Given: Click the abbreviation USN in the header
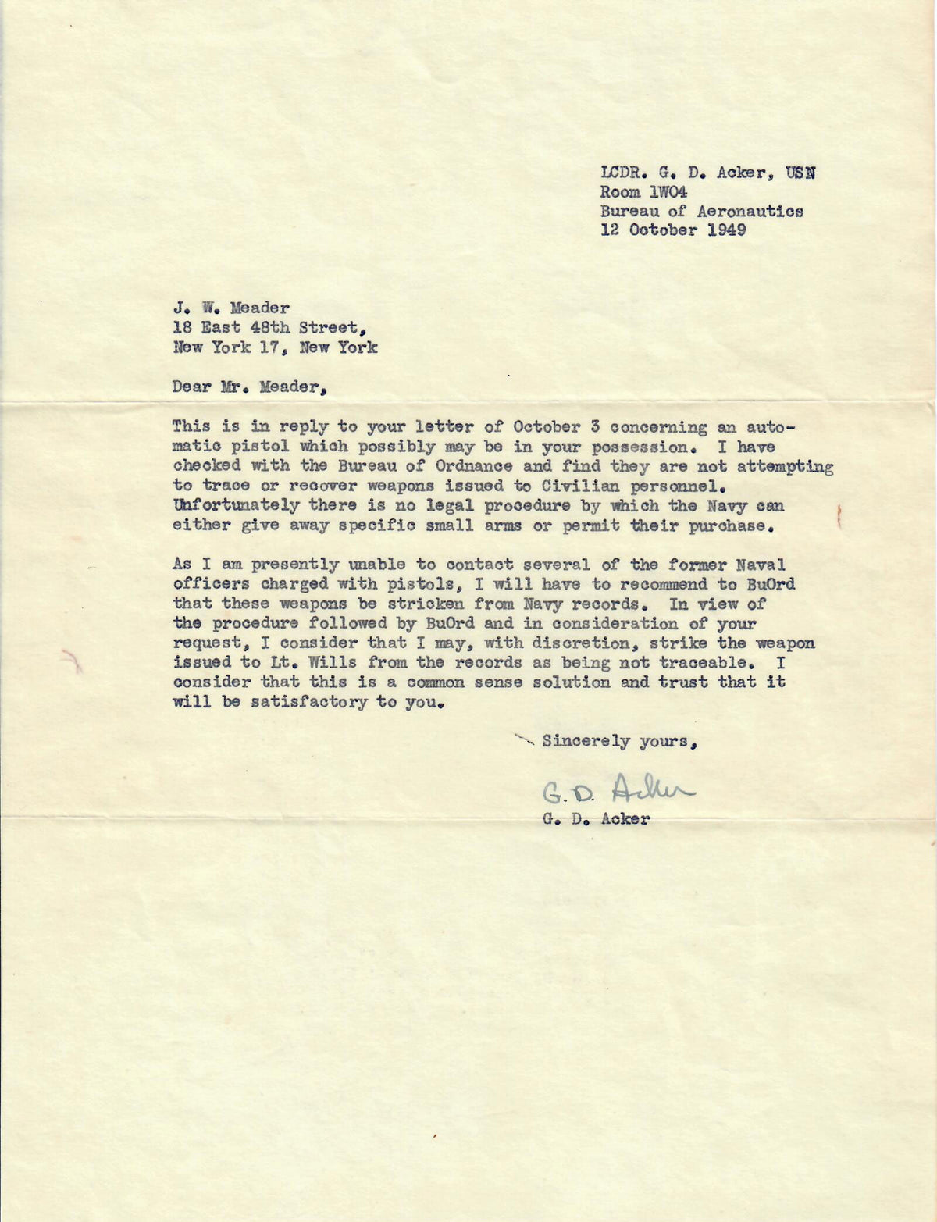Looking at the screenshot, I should (x=800, y=173).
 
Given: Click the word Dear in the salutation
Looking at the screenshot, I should (x=192, y=387).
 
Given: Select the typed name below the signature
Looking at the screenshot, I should (x=594, y=820).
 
